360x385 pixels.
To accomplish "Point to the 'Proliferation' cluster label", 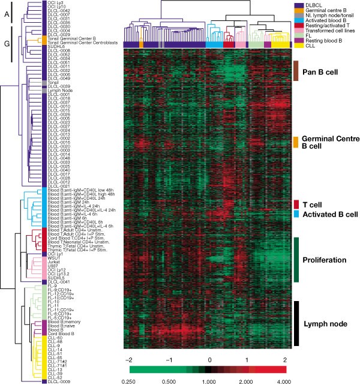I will [x=323, y=260].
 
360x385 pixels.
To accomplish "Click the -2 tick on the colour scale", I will [x=128, y=358].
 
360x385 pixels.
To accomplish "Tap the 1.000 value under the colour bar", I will [x=209, y=380].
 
